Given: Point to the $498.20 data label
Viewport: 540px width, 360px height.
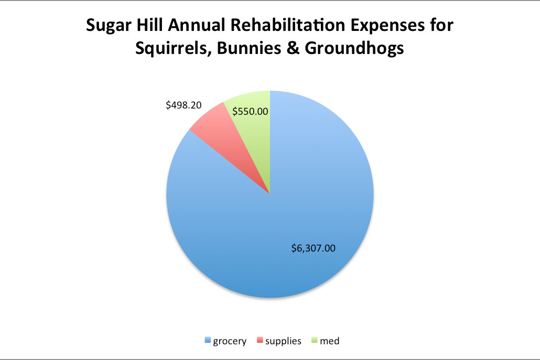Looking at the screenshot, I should [183, 105].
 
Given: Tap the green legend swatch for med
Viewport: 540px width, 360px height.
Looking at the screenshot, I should [315, 341].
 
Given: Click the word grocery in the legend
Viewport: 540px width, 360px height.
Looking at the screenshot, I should [229, 341].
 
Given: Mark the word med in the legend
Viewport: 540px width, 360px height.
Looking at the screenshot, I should [330, 341].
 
